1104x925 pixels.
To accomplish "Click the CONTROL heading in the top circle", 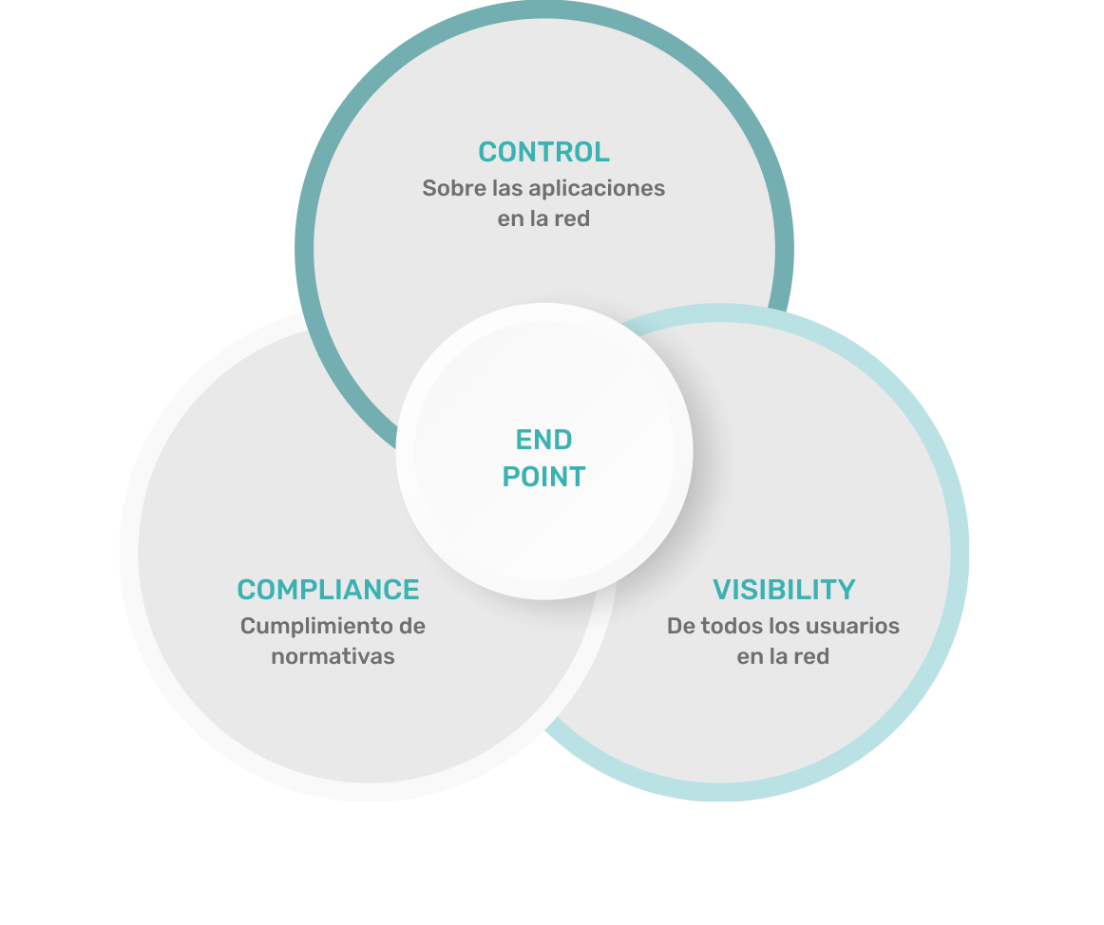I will pyautogui.click(x=543, y=152).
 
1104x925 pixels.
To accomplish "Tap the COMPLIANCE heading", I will pyautogui.click(x=328, y=590).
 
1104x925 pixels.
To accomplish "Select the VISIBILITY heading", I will pyautogui.click(x=784, y=590).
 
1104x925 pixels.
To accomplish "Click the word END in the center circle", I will pyautogui.click(x=543, y=440).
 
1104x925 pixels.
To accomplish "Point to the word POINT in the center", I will pyautogui.click(x=543, y=476).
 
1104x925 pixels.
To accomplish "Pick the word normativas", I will pyautogui.click(x=333, y=656).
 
